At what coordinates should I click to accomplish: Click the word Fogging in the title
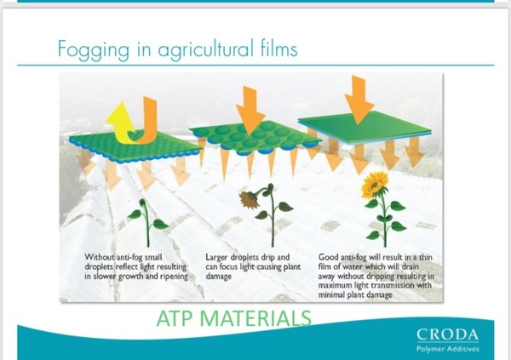(x=93, y=50)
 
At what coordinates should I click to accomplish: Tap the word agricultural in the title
(x=205, y=49)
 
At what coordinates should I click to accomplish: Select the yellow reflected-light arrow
(x=121, y=123)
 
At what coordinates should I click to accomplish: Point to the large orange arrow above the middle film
(x=250, y=111)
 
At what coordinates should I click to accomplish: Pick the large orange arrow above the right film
(x=359, y=100)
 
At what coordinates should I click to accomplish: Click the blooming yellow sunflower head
(x=375, y=184)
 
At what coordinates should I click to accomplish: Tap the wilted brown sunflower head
(x=250, y=199)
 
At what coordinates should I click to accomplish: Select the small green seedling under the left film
(x=147, y=222)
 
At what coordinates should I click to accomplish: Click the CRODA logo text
(x=448, y=334)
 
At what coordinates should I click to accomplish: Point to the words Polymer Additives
(x=448, y=349)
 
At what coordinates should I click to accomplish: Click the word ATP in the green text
(x=174, y=318)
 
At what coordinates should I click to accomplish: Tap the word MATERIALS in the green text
(x=255, y=318)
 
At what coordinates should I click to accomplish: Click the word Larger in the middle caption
(x=216, y=258)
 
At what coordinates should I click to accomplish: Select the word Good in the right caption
(x=328, y=257)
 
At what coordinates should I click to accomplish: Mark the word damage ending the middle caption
(x=218, y=277)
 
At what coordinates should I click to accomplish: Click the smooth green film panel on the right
(x=365, y=127)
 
